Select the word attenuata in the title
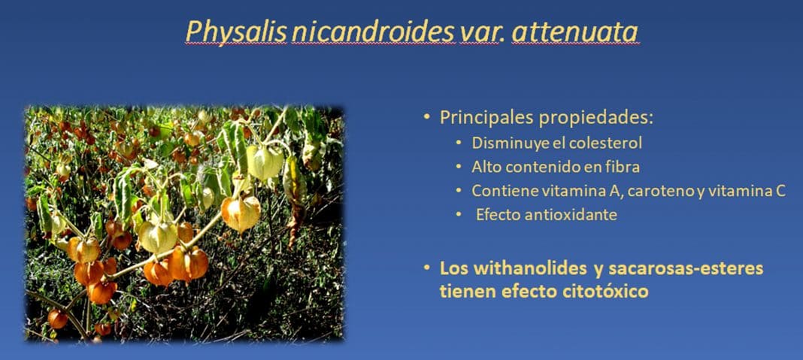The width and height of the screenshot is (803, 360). pyautogui.click(x=574, y=32)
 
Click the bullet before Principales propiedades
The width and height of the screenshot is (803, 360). pyautogui.click(x=427, y=118)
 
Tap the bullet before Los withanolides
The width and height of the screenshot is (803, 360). pyautogui.click(x=427, y=268)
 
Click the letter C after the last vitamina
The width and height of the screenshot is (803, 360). pyautogui.click(x=780, y=191)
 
